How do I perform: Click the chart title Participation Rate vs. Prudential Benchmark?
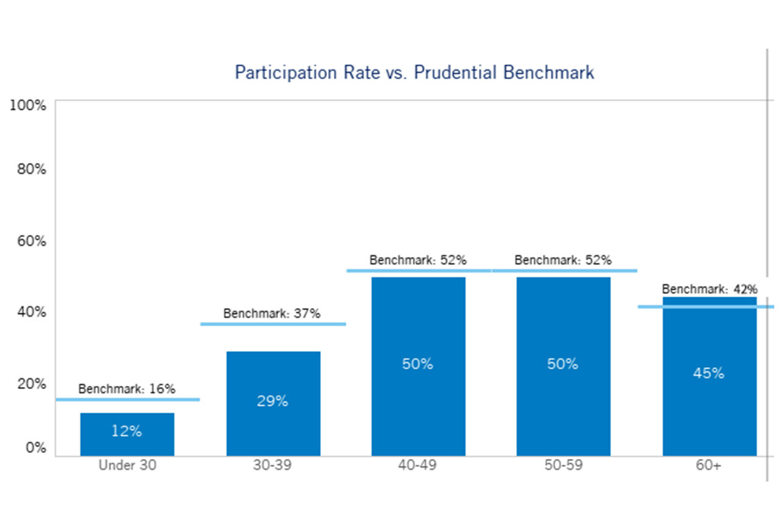click(x=414, y=72)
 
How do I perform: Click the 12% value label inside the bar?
click(x=127, y=432)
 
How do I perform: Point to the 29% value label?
click(x=272, y=401)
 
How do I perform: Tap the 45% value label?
click(x=708, y=373)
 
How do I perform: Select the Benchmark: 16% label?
click(x=127, y=388)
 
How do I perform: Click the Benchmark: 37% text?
click(x=271, y=314)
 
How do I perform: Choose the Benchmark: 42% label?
click(x=710, y=289)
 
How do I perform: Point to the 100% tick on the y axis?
click(x=28, y=105)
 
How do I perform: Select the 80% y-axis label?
click(x=30, y=169)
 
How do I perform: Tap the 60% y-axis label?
click(x=30, y=240)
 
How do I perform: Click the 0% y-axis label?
click(x=34, y=447)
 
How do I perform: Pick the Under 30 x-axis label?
click(x=127, y=466)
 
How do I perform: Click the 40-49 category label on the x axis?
click(x=418, y=466)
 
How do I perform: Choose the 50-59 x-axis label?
click(x=563, y=466)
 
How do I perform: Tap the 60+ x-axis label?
click(x=709, y=466)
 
